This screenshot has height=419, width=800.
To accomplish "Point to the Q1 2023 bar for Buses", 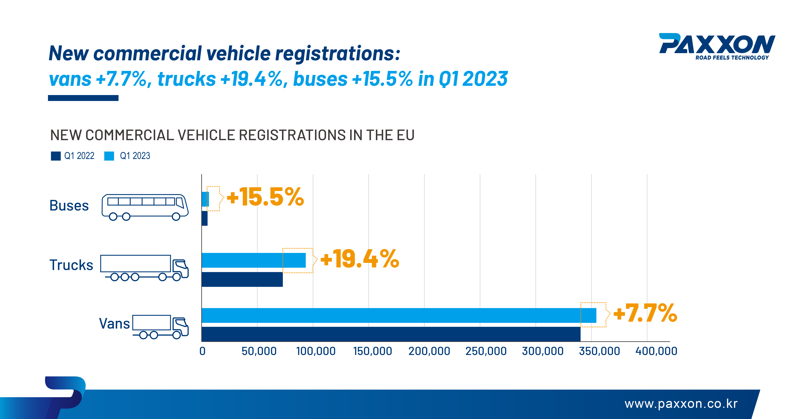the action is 205,199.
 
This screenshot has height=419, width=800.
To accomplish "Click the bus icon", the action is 145,207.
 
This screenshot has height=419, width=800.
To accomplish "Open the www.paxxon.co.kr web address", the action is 681,404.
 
